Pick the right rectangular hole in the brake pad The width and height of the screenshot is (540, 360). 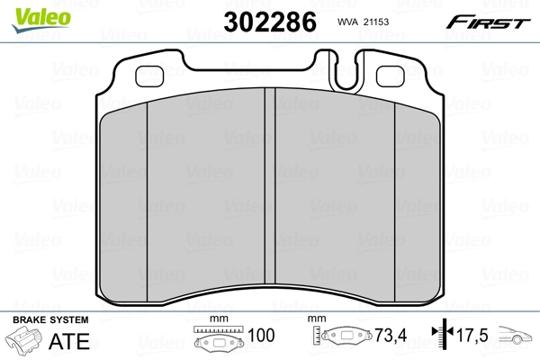(x=391, y=77)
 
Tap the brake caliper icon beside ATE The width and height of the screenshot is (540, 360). (x=25, y=342)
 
